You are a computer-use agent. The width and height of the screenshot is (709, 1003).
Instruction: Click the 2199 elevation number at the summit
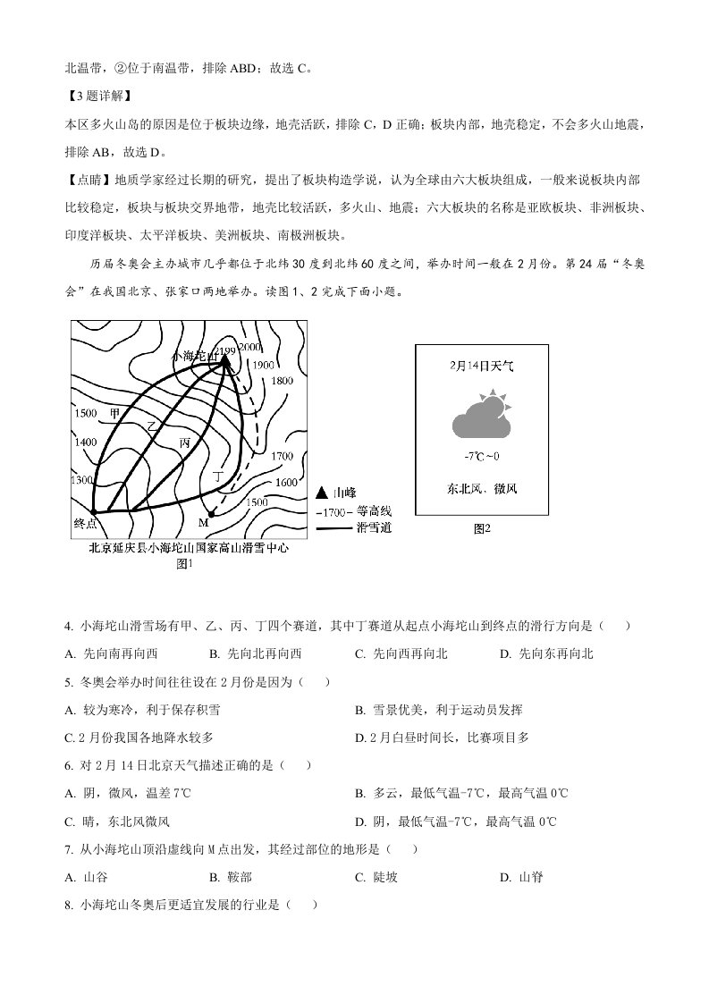(x=225, y=350)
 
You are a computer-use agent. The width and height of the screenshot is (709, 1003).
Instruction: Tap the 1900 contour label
(x=263, y=365)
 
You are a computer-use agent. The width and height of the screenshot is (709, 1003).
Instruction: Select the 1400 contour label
(x=86, y=442)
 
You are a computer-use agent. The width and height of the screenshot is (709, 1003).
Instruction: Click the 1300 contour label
(x=80, y=481)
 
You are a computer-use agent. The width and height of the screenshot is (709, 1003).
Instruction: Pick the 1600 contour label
(x=286, y=483)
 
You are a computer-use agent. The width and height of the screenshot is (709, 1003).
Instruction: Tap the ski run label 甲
(x=114, y=414)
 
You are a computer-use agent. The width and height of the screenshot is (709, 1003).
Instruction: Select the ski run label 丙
(x=184, y=442)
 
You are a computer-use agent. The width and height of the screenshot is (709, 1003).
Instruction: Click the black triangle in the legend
(x=322, y=493)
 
